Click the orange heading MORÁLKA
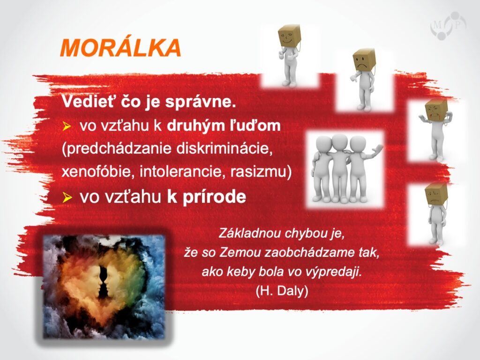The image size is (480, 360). pyautogui.click(x=120, y=48)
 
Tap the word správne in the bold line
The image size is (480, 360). pyautogui.click(x=201, y=102)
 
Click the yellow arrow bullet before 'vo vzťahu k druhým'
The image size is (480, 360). pyautogui.click(x=67, y=126)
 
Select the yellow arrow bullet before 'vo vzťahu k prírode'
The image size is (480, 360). pyautogui.click(x=67, y=197)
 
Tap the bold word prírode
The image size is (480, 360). pyautogui.click(x=214, y=197)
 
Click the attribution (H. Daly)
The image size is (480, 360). pyautogui.click(x=282, y=291)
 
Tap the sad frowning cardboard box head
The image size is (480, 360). pyautogui.click(x=364, y=60)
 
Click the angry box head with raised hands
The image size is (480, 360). pyautogui.click(x=436, y=111)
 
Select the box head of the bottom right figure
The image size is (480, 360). pyautogui.click(x=436, y=195)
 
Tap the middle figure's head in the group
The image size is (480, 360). pyautogui.click(x=339, y=142)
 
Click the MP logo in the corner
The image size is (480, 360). pyautogui.click(x=448, y=26)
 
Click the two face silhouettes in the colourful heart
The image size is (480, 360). pyautogui.click(x=104, y=281)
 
